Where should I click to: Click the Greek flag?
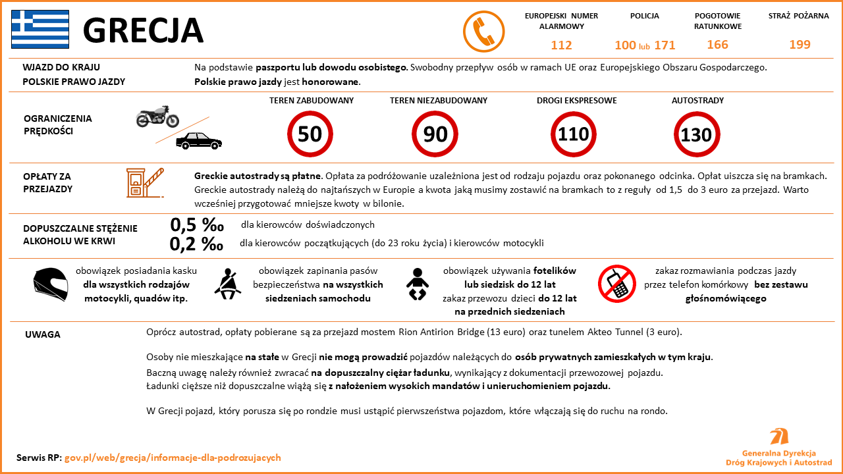click(x=40, y=29)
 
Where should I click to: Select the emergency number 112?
click(x=561, y=45)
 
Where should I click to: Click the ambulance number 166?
click(x=717, y=45)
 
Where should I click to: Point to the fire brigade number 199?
click(x=800, y=45)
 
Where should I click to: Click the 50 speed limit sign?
click(x=310, y=134)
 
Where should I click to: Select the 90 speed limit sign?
click(x=435, y=134)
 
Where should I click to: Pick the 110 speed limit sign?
click(x=574, y=134)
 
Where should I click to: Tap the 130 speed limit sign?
click(x=696, y=134)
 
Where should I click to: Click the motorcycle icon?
click(x=157, y=117)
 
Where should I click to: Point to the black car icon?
click(x=199, y=140)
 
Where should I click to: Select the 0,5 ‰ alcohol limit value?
click(x=196, y=224)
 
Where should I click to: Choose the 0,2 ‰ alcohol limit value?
click(x=196, y=244)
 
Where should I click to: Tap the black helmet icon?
click(x=51, y=284)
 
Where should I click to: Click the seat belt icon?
click(x=229, y=283)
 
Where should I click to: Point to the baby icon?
click(x=417, y=284)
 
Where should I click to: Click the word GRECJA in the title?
click(x=143, y=30)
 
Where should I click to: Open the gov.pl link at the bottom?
click(x=173, y=458)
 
